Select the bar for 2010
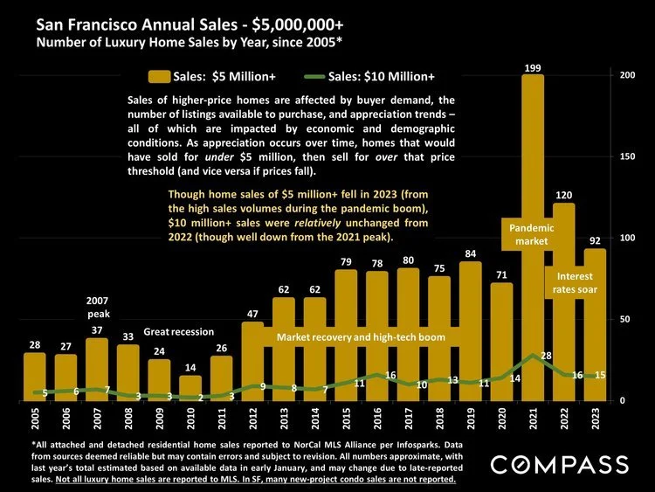(x=190, y=388)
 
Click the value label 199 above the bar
(x=533, y=67)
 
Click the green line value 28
(x=546, y=356)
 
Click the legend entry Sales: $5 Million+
(x=197, y=77)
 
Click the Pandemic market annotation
(x=531, y=234)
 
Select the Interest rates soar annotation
(x=575, y=283)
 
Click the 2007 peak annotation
(x=97, y=307)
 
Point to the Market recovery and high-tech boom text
(x=361, y=336)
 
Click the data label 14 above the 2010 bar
(x=190, y=368)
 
